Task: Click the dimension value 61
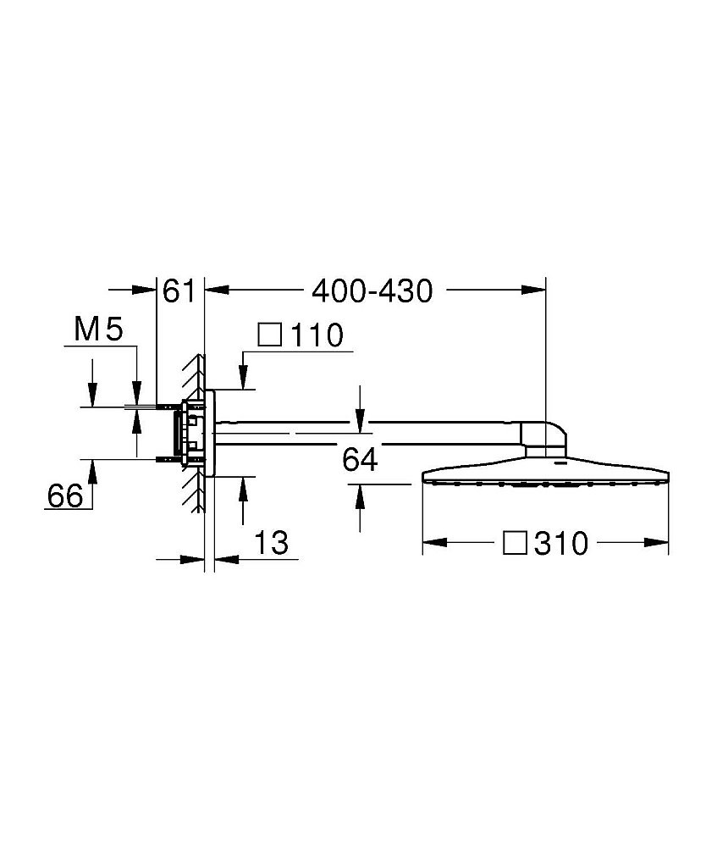click(179, 291)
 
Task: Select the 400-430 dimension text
click(372, 291)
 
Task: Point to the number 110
click(317, 335)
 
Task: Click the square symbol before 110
click(270, 335)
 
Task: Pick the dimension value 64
click(360, 460)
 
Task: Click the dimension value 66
click(65, 495)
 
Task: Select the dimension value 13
click(272, 542)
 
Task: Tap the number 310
click(561, 543)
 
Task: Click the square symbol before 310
click(515, 542)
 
